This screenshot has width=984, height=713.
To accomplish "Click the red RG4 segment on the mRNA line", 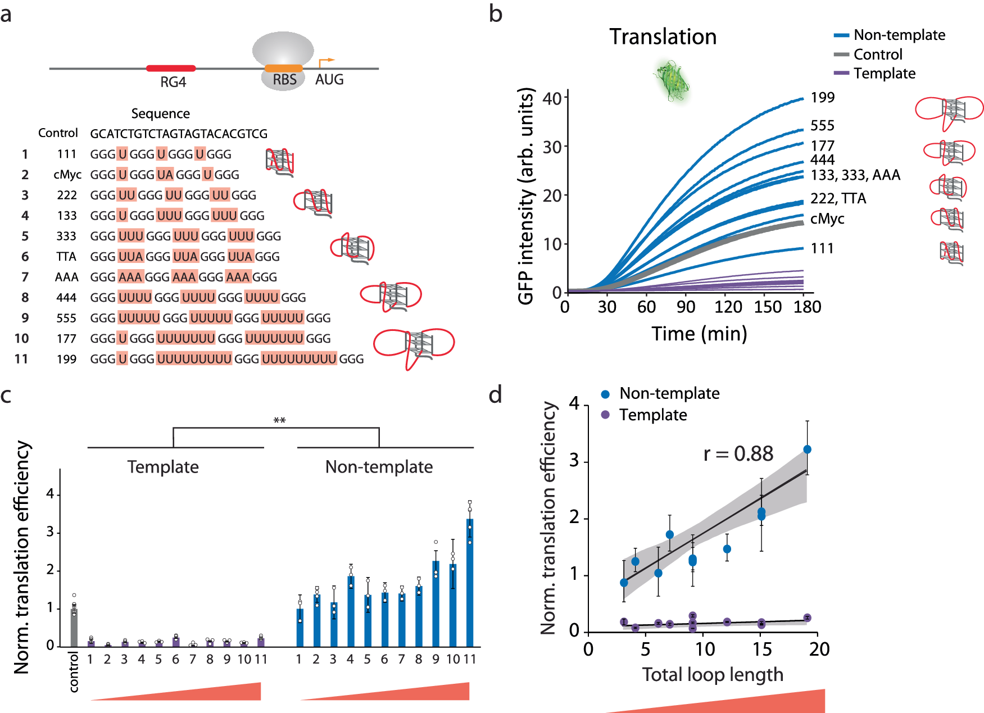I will coord(171,69).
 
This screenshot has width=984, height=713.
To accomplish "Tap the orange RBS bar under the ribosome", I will coord(283,69).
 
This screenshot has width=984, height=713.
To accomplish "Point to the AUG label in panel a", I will coord(329,80).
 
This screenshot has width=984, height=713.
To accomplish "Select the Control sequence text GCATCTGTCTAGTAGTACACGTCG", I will coord(179,134).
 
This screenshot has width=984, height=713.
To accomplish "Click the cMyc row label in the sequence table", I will coord(67,175).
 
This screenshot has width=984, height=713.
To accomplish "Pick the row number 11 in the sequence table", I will coord(21,359).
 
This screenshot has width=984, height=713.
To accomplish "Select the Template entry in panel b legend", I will coord(884,74).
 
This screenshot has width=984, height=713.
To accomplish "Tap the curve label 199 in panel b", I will coord(822,98).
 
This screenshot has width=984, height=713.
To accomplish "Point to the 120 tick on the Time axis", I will coord(728,307).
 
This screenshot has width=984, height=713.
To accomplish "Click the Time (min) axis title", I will coord(699,334).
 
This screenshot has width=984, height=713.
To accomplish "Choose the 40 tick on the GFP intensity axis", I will coord(552,98).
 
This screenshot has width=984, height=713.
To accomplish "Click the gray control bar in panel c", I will coord(74,628).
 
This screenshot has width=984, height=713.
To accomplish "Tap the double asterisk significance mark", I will coord(279,420).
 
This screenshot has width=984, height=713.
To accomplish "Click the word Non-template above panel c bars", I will coord(379,467).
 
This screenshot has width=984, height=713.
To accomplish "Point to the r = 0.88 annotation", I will coord(738,454).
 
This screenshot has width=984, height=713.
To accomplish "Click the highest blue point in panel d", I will coord(807,449).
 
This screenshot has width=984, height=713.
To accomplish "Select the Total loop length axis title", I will coord(713,674).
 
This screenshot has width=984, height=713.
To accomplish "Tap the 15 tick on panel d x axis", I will coord(762,650).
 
